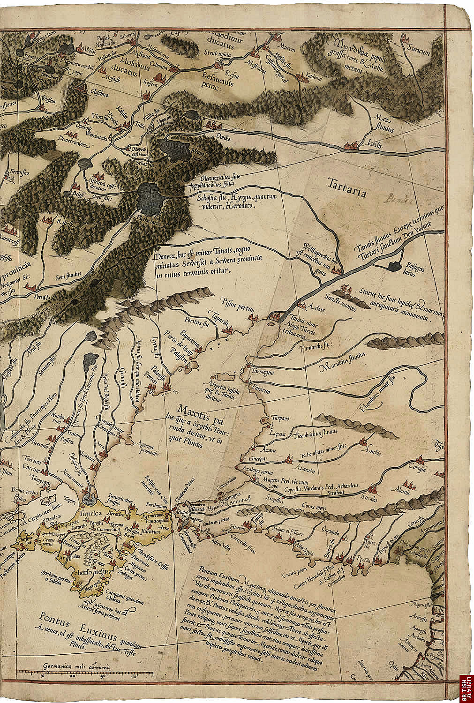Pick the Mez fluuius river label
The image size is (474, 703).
coord(380,123)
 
